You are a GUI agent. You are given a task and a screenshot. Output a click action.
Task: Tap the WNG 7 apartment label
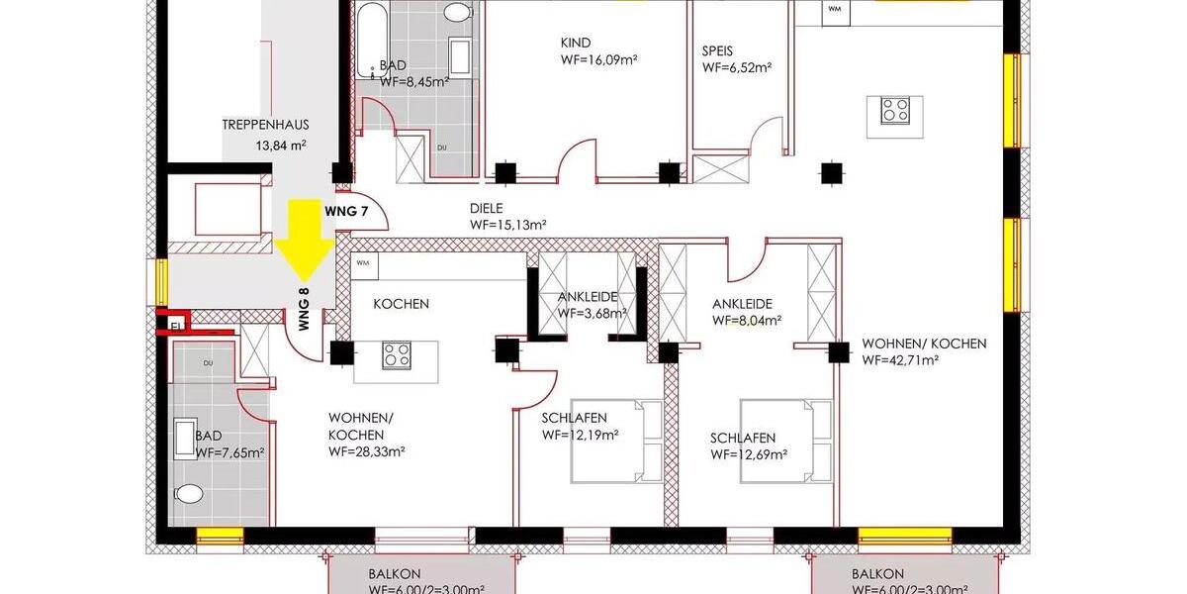(x=346, y=212)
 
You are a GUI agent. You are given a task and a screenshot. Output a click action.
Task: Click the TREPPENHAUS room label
(x=265, y=125)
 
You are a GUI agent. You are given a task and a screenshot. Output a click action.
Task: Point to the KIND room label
(x=575, y=43)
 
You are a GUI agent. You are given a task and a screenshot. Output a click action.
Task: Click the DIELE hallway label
(x=487, y=209)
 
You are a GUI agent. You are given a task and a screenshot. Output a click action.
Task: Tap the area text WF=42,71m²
(x=899, y=360)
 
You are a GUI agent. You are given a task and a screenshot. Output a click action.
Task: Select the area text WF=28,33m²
(x=367, y=451)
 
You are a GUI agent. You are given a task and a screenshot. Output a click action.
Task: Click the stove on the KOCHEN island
(x=397, y=354)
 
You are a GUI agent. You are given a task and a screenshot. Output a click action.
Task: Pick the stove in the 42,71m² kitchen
(x=896, y=110)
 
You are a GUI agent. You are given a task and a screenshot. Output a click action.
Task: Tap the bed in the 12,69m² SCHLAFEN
(x=786, y=441)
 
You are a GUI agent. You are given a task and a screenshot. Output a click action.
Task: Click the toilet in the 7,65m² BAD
(x=189, y=493)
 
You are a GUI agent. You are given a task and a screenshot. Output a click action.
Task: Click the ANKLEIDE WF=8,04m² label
(x=748, y=313)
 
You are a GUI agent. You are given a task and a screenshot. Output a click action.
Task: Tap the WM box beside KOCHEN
(x=363, y=263)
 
